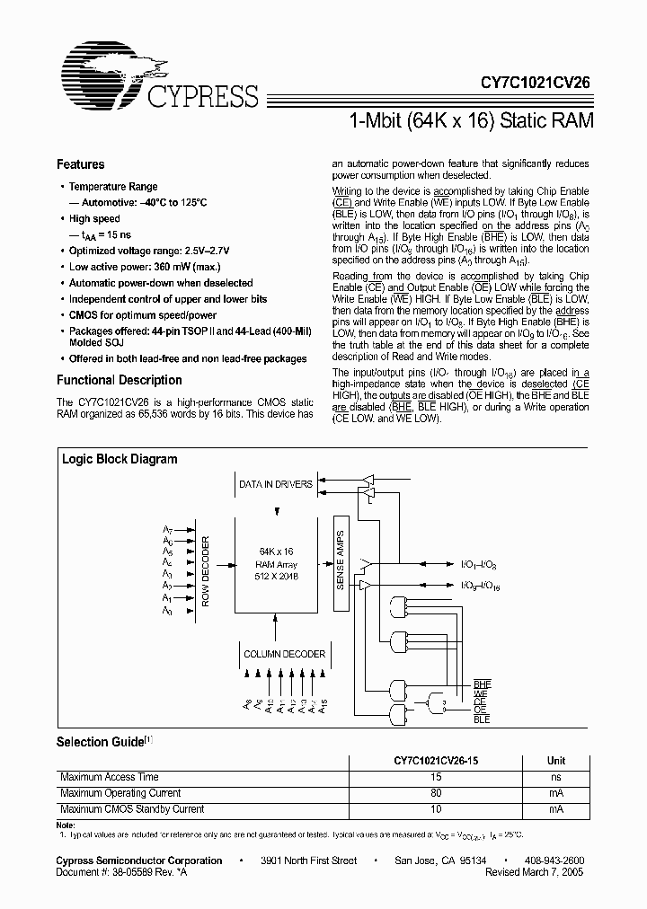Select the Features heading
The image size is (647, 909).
(80, 164)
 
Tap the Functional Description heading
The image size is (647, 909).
(119, 380)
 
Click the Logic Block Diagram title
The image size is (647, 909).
(119, 459)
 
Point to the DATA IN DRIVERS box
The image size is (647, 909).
(275, 484)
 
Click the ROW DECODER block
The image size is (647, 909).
(205, 573)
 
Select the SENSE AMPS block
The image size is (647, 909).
(341, 560)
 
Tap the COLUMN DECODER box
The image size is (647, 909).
(284, 654)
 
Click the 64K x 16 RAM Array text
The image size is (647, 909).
(278, 564)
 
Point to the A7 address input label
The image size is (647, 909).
(168, 530)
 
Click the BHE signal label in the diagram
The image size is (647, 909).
(483, 684)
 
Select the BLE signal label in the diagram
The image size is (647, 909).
(482, 719)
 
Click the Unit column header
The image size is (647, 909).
(556, 760)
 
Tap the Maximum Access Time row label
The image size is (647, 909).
(109, 777)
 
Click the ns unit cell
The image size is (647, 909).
(556, 777)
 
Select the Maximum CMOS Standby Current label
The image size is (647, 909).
(131, 809)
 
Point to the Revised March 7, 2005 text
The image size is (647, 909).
(536, 872)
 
